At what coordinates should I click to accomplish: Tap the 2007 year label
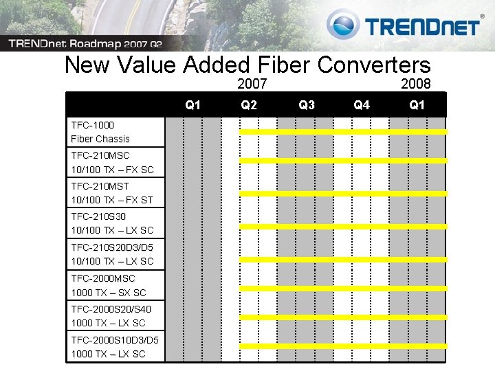point(252,85)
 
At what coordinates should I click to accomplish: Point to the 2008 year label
point(416,85)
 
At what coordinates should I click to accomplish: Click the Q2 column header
point(249,105)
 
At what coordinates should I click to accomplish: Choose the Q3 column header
point(307,105)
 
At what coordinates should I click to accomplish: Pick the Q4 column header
point(362,105)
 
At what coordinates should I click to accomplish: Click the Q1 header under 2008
point(417,105)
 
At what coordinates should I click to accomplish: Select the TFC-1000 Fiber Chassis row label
point(100,132)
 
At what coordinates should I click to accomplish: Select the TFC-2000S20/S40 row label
point(111,315)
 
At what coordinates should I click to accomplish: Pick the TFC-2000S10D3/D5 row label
point(115,346)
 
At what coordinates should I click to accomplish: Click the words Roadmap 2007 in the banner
point(111,44)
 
